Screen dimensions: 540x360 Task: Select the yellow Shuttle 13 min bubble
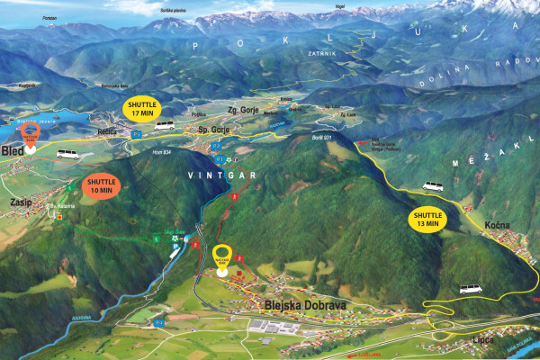coord(427,219)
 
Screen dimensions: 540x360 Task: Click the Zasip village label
coord(20,202)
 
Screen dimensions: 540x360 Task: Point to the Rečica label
coord(110,130)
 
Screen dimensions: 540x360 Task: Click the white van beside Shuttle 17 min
coord(164,125)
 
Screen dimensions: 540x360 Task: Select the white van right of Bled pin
coord(67,154)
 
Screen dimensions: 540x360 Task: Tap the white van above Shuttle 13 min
coord(434,186)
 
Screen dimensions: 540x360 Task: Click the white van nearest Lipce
coord(470,289)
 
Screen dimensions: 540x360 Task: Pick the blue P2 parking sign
coord(217,144)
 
